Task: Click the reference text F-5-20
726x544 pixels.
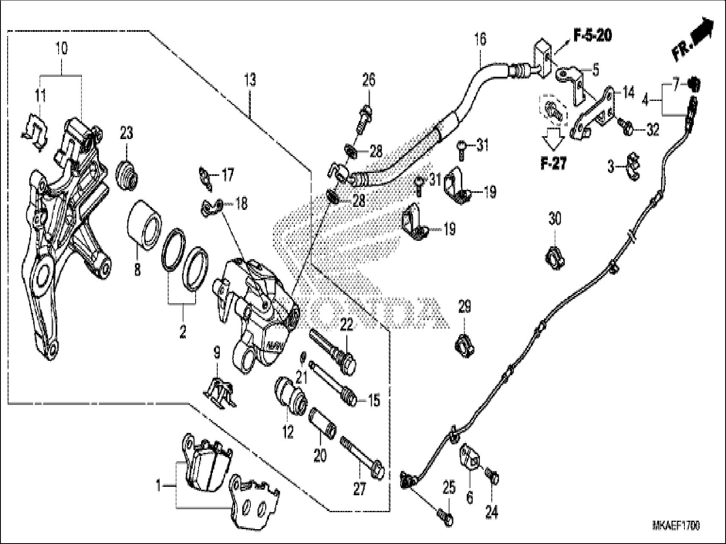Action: pyautogui.click(x=592, y=36)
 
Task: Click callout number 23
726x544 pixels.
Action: pyautogui.click(x=126, y=134)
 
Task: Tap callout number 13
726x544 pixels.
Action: pyautogui.click(x=250, y=79)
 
